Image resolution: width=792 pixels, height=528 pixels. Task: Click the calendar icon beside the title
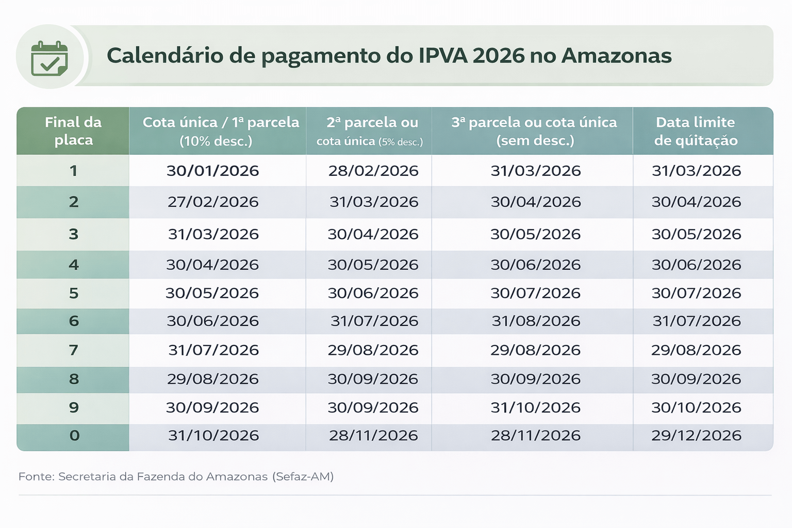click(49, 58)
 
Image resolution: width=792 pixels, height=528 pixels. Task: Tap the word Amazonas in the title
click(616, 56)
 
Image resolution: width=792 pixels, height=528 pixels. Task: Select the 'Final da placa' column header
click(73, 131)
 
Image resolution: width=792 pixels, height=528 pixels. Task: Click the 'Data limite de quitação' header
click(696, 131)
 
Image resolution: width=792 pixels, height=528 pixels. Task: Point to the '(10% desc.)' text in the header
click(216, 141)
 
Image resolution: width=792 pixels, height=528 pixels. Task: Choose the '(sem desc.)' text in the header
click(535, 140)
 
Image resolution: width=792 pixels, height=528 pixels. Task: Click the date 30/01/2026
click(212, 171)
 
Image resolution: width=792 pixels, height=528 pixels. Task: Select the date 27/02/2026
click(213, 202)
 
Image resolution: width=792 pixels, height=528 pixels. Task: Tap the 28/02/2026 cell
click(373, 171)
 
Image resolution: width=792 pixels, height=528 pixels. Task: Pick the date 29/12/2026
click(696, 435)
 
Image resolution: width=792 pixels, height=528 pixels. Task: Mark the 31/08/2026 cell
click(536, 321)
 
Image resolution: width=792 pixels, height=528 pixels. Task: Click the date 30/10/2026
click(696, 407)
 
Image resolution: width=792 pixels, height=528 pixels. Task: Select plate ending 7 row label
click(74, 350)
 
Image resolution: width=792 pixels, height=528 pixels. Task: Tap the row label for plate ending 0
click(74, 435)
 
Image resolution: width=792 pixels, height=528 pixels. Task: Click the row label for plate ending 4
click(74, 265)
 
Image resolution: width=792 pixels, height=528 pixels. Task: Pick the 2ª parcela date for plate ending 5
click(373, 293)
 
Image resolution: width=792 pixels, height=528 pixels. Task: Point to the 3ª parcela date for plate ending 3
click(535, 234)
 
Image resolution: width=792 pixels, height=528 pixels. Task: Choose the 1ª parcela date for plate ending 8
click(212, 379)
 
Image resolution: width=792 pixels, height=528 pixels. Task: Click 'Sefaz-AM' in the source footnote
click(304, 476)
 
